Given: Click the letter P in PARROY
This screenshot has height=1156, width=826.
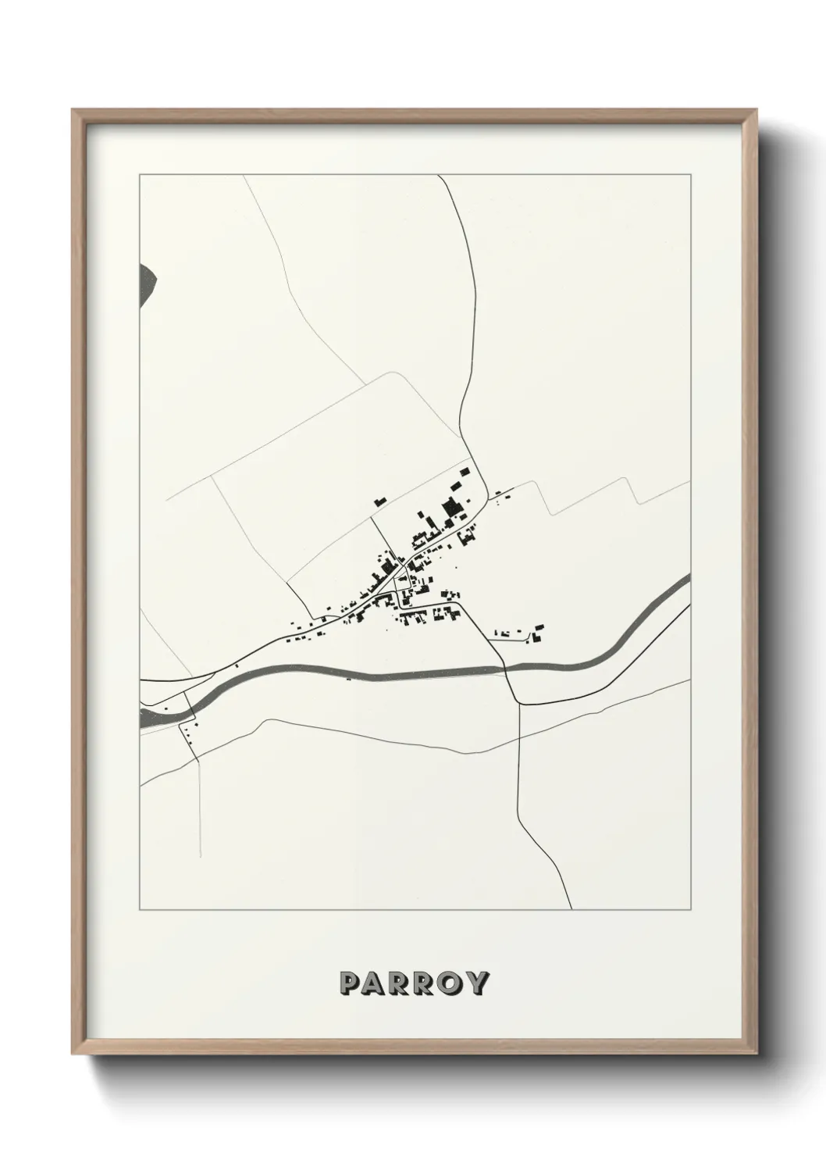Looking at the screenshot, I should [x=349, y=983].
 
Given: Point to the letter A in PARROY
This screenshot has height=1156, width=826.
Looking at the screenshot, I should [x=373, y=983].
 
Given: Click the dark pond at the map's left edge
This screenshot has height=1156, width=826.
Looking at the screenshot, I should [x=146, y=284].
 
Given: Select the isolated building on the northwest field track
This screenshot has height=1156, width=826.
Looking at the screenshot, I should [x=380, y=500].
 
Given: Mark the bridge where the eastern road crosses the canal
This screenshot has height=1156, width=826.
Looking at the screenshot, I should [x=507, y=669].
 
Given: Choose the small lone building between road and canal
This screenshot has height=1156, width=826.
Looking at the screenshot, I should [x=236, y=666].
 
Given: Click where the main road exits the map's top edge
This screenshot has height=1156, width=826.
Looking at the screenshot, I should [x=440, y=176].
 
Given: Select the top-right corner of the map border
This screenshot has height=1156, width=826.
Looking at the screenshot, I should [x=690, y=176].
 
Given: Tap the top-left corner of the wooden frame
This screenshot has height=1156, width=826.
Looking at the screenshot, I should [x=73, y=110].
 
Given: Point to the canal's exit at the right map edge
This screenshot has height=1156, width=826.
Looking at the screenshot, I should [x=689, y=580].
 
